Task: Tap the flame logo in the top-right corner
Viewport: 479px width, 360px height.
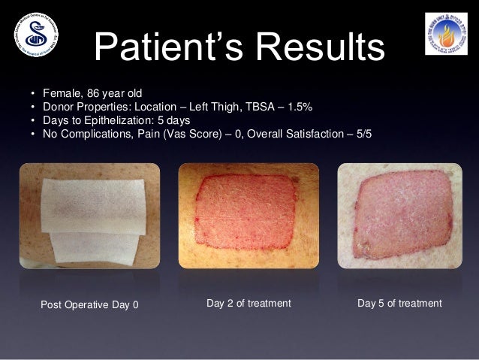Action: click(445, 34)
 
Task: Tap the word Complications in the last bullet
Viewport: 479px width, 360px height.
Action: click(95, 134)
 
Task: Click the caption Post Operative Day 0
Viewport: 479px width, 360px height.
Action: click(89, 304)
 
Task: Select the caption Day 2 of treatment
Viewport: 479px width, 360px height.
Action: click(248, 303)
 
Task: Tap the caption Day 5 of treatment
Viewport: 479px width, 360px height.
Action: click(399, 303)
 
